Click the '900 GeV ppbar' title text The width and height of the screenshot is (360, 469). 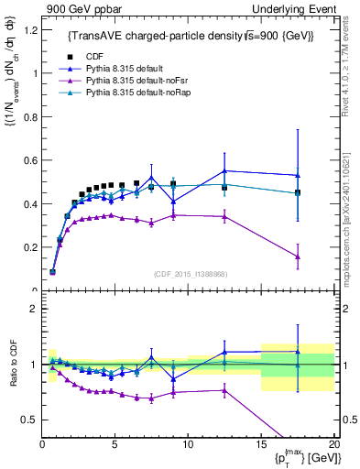point(79,8)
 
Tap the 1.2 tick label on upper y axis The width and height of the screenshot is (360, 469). point(30,30)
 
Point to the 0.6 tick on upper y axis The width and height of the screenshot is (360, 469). point(30,160)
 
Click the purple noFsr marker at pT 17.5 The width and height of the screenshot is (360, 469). point(297,256)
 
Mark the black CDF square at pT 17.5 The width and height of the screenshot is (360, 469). point(297,193)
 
